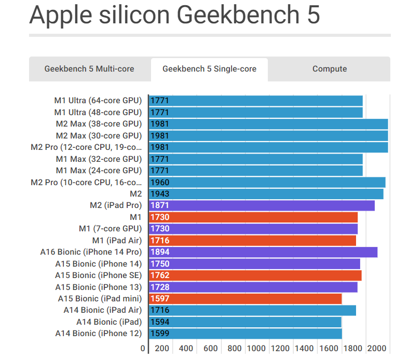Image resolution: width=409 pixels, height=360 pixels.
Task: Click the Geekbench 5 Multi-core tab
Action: coord(89,69)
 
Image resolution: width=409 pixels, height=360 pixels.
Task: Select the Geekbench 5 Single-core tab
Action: coord(209,69)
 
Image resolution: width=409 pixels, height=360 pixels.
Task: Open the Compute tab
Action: coord(330,69)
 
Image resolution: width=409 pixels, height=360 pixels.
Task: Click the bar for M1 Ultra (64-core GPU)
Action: coord(256,101)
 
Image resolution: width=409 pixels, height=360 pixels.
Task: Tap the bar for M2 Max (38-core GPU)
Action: coord(268,124)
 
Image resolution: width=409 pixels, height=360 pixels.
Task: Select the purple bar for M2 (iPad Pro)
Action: coord(262,205)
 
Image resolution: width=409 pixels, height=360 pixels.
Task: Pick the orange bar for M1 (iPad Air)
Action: coord(252,241)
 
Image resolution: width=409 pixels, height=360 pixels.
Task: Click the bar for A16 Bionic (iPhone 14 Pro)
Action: coord(263,252)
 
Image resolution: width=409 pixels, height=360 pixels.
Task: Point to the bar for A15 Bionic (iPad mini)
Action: coord(246,299)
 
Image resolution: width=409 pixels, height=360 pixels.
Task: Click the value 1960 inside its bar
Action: coord(160,182)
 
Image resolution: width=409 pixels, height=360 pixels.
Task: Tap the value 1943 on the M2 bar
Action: coord(160,194)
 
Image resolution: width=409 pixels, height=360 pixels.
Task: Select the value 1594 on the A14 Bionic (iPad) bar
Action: coord(160,322)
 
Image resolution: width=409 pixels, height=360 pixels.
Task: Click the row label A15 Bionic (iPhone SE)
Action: coord(98,275)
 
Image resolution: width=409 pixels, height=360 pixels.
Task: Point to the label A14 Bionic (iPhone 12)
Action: coord(98,334)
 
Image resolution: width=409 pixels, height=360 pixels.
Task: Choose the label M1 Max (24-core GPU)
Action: coord(99,171)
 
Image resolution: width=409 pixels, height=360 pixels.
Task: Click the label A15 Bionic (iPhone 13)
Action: coord(98,287)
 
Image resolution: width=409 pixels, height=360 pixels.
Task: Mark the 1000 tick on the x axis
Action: coord(257,349)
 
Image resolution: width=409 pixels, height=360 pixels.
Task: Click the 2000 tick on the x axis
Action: coord(377,349)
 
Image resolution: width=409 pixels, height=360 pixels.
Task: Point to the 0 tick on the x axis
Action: coord(143,349)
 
